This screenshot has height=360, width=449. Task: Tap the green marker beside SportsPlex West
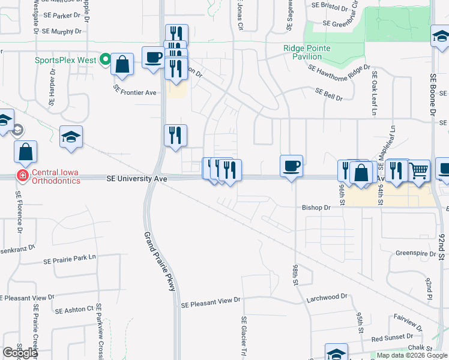tap(106, 59)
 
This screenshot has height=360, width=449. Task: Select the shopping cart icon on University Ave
tap(420, 170)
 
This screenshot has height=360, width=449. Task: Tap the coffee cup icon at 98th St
tap(291, 166)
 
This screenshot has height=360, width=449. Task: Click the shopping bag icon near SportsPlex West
tap(122, 65)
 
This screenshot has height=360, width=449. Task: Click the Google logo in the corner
tap(20, 353)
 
